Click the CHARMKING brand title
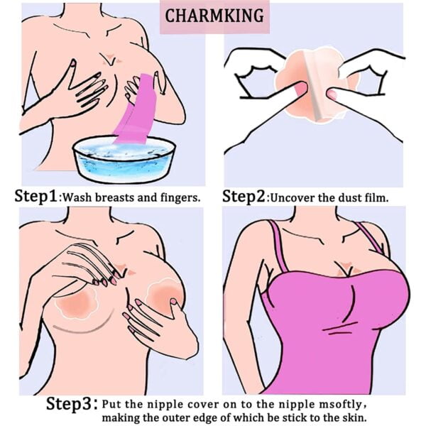pyautogui.click(x=214, y=16)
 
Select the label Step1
pyautogui.click(x=36, y=196)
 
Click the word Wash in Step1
pyautogui.click(x=77, y=197)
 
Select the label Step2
pyautogui.click(x=244, y=196)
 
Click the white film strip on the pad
pyautogui.click(x=313, y=86)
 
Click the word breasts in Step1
pyautogui.click(x=114, y=197)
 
